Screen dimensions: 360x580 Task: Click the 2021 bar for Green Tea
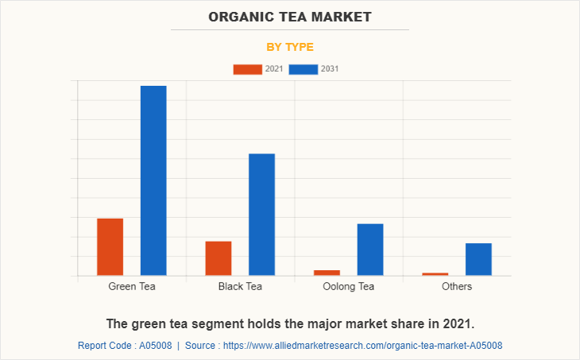[110, 246]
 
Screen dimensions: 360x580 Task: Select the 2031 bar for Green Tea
[153, 180]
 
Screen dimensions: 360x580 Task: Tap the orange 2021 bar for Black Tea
[218, 258]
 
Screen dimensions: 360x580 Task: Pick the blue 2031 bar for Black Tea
[261, 215]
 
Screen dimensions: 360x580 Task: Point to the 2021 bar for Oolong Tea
[327, 273]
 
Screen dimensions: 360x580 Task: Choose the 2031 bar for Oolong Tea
[370, 250]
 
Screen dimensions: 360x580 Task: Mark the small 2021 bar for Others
[435, 274]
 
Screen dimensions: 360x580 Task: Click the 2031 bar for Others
[478, 259]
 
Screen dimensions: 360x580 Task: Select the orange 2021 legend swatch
[247, 69]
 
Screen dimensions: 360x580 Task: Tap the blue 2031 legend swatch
[304, 69]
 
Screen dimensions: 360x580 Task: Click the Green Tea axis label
[132, 286]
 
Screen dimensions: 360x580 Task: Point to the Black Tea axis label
[240, 286]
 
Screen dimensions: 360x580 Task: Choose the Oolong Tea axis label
[348, 286]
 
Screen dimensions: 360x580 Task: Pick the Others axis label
[457, 286]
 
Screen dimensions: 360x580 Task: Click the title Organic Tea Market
[290, 17]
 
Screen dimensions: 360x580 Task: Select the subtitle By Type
[290, 47]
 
